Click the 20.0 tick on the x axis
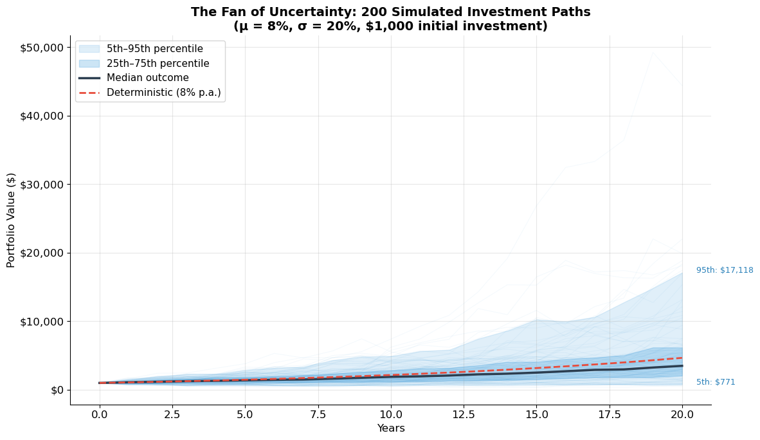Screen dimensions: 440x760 [x=682, y=415]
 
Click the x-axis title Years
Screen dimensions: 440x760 [x=391, y=428]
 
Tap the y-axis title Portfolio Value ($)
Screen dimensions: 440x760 [x=12, y=220]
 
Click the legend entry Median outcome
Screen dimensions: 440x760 [x=147, y=78]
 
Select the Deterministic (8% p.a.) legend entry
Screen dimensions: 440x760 [x=163, y=93]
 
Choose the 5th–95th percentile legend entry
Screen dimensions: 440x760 [x=154, y=49]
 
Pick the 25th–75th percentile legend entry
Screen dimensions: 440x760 [x=158, y=64]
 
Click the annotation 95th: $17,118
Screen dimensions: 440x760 [x=725, y=270]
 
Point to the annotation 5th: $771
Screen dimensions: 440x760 [x=716, y=382]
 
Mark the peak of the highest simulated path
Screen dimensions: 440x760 [x=653, y=52]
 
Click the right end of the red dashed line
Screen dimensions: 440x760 [x=682, y=358]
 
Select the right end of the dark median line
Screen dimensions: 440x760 [x=682, y=365]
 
